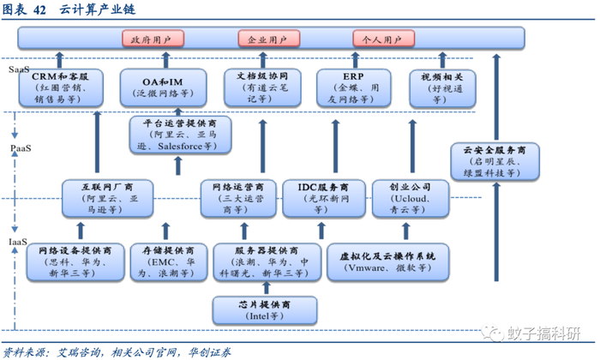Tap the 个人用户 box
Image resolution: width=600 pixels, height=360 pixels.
(x=382, y=39)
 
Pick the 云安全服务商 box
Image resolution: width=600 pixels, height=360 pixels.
(x=495, y=160)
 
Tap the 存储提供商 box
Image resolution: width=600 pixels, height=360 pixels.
(x=165, y=261)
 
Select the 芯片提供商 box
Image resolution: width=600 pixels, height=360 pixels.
(x=265, y=309)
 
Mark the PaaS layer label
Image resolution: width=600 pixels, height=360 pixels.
(x=20, y=147)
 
